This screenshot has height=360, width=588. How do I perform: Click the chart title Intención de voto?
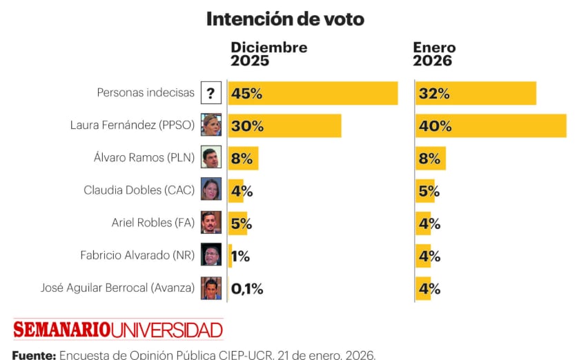pos(285,19)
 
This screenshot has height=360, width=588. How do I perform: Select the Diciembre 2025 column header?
pos(268,54)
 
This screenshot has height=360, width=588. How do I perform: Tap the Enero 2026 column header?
pos(434,54)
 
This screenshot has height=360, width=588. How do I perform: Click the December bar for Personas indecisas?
pos(313,93)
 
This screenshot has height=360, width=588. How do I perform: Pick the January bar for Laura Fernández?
pos(491,126)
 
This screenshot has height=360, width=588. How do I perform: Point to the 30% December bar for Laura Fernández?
pos(284,126)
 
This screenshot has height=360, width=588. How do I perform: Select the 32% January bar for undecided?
pos(476,93)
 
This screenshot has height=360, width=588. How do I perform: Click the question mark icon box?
pos(211,93)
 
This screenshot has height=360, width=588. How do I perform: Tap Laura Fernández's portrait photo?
pos(211,125)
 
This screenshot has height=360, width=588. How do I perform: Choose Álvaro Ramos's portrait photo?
pos(211,157)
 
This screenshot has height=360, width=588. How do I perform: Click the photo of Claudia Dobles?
pos(211,190)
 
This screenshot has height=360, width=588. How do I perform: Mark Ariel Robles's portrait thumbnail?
pos(211,222)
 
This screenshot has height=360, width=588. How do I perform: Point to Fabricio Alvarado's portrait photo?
pos(211,254)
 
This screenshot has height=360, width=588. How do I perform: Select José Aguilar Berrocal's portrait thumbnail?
pos(211,288)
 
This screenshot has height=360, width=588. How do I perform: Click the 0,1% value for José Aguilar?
pos(247,288)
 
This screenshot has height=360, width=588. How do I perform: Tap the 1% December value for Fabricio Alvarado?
pos(241,256)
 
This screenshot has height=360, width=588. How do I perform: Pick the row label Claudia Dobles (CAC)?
pos(139,190)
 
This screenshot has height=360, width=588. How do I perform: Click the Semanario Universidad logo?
pos(118,329)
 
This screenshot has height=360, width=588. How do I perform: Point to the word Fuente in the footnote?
pos(33,355)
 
